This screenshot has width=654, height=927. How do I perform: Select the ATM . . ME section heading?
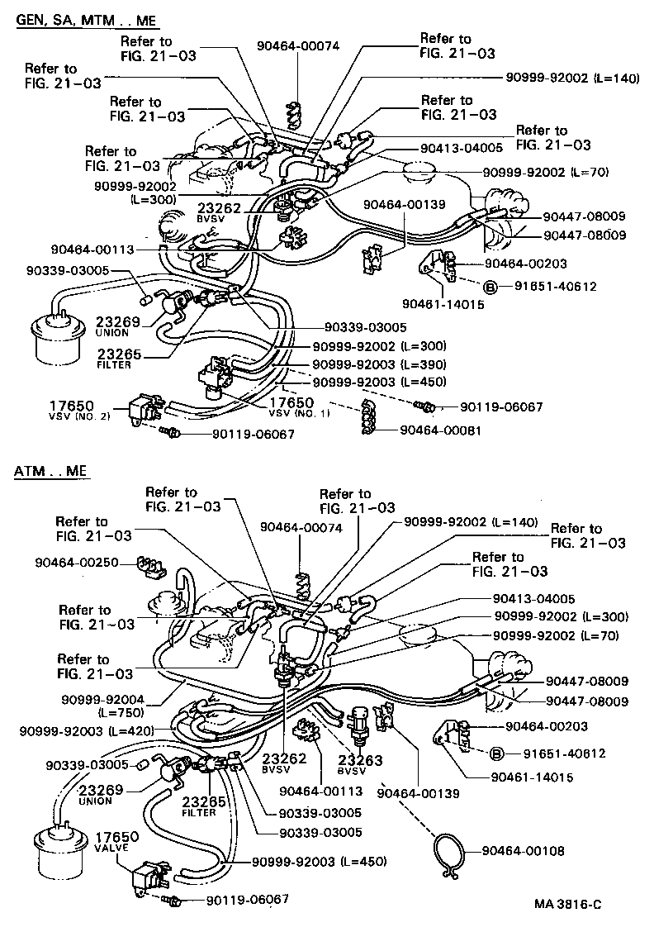tap(51, 472)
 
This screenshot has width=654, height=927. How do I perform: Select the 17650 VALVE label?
tap(115, 842)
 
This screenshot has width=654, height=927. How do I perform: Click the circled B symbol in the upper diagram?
tap(489, 288)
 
